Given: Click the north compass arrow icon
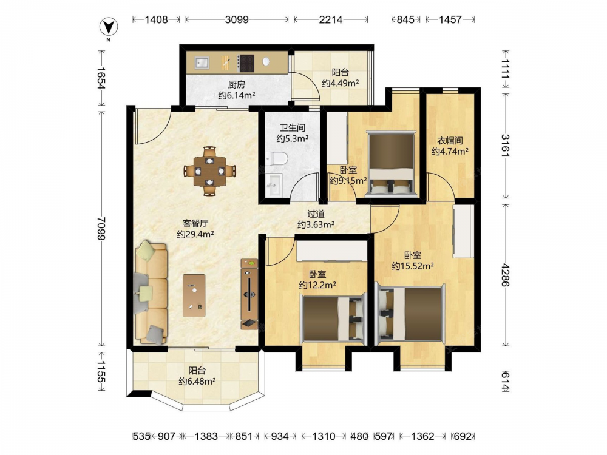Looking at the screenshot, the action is click(x=109, y=27).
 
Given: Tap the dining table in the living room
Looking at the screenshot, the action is click(x=210, y=170).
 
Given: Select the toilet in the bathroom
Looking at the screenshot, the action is click(x=276, y=158).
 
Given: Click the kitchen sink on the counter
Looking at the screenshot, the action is click(x=202, y=62).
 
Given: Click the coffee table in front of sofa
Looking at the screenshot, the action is click(x=194, y=295).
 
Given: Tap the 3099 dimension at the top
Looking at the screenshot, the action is click(x=237, y=19).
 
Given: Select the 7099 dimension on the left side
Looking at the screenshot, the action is click(x=101, y=228).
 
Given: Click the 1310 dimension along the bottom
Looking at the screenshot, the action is click(x=324, y=436).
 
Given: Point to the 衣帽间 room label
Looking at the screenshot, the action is click(x=450, y=141).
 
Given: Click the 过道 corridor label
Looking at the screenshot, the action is click(x=316, y=214).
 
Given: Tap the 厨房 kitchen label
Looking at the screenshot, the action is click(x=236, y=85).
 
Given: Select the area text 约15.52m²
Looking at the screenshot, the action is click(x=413, y=266).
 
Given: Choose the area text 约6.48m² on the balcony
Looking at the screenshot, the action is click(x=197, y=382).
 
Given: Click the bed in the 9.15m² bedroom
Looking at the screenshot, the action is click(x=392, y=164).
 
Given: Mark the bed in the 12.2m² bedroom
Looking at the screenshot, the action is click(x=333, y=318).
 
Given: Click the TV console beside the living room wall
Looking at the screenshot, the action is click(x=249, y=294).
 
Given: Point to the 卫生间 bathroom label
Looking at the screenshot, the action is click(x=293, y=127).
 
